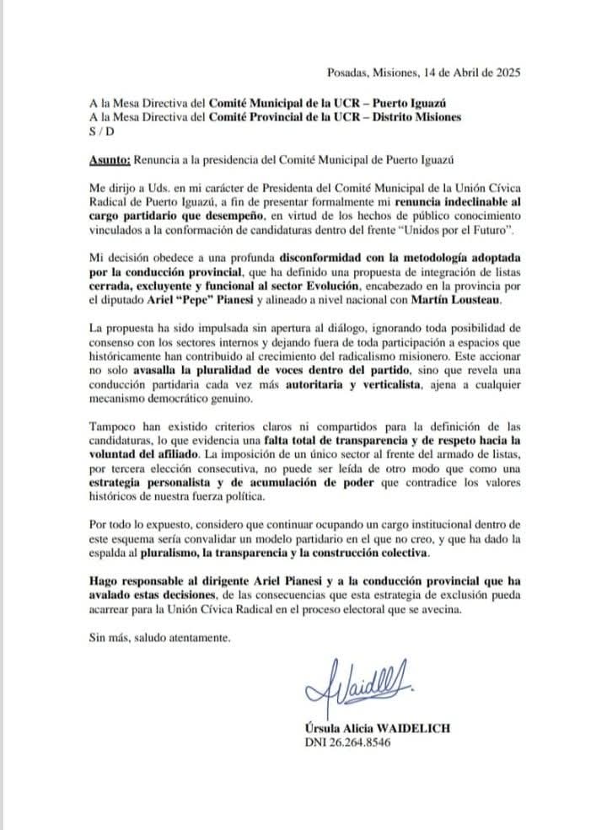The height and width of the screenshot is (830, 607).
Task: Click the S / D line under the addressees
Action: [x=99, y=131]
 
